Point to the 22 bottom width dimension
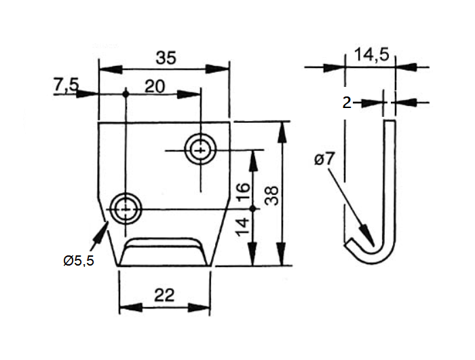[x=164, y=295]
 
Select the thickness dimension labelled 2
[x=346, y=103]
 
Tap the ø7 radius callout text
[x=325, y=161]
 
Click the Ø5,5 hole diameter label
[x=77, y=260]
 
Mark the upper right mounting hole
[x=200, y=149]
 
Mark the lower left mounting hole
[x=126, y=209]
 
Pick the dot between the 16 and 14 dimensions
[x=252, y=208]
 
